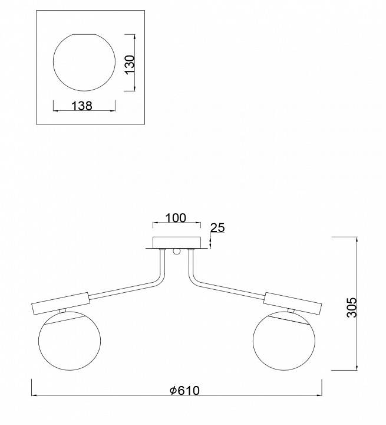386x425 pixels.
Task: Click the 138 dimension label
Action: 82,106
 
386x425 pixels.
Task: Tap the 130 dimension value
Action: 130,64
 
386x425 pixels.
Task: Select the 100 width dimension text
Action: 176,218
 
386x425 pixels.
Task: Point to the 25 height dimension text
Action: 217,228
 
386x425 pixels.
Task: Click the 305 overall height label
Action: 352,308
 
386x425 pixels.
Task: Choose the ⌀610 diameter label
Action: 184,391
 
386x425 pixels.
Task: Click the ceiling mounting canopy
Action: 177,243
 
